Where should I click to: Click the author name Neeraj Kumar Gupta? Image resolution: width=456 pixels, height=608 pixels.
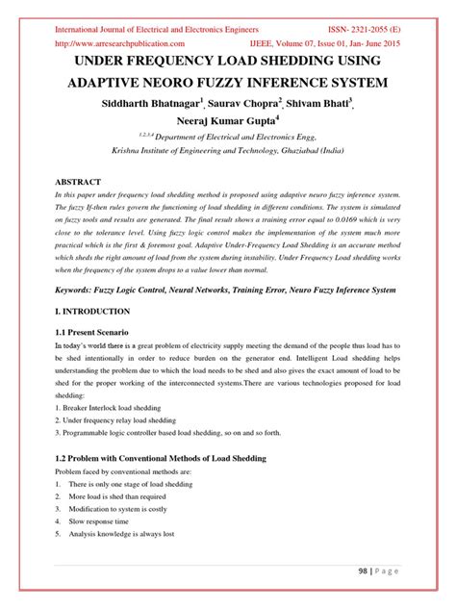[225, 122]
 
